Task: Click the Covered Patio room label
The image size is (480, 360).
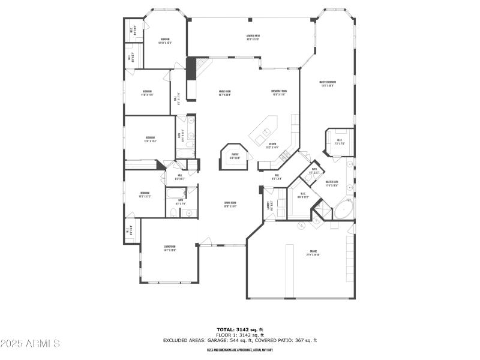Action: click(253, 37)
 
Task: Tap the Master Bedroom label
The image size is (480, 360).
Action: click(328, 83)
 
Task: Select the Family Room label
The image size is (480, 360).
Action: click(224, 93)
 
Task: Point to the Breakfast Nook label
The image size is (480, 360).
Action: click(280, 93)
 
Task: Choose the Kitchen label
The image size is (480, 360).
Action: click(272, 145)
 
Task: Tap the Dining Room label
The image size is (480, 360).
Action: click(230, 205)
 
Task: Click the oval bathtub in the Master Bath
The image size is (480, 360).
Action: click(343, 211)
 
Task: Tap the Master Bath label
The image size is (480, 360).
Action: click(332, 184)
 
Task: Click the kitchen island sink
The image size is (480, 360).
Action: click(265, 131)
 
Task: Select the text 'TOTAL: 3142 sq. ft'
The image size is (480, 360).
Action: click(240, 329)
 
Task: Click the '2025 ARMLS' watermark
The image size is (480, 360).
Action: click(30, 344)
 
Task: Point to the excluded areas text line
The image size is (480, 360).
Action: click(240, 340)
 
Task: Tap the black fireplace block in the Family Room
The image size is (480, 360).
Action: click(191, 68)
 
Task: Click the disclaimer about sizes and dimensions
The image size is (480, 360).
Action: click(240, 349)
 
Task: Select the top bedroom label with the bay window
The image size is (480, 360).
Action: click(164, 41)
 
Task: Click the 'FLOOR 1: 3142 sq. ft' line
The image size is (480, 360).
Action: click(240, 335)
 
